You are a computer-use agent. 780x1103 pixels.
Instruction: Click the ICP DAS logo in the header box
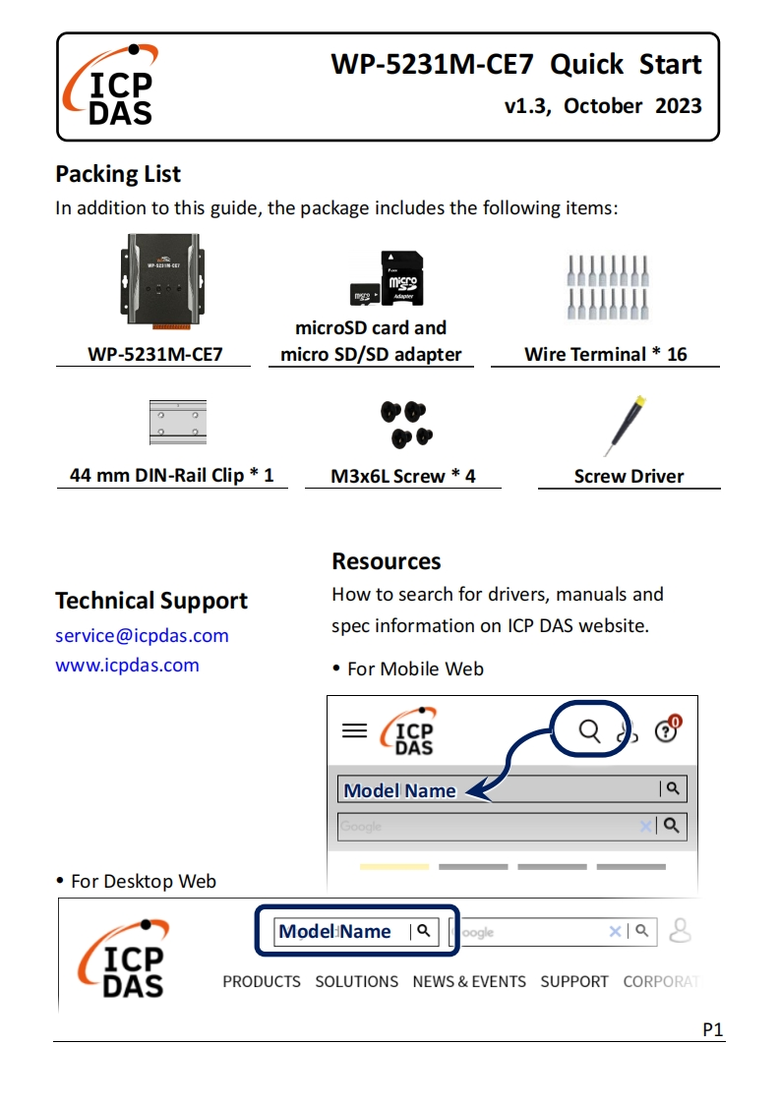[110, 87]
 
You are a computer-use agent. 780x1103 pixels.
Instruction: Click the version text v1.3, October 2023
[603, 106]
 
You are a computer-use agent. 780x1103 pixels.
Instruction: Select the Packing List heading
[118, 174]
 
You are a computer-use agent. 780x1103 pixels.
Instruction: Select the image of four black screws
[406, 424]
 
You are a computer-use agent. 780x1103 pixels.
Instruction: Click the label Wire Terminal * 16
[605, 354]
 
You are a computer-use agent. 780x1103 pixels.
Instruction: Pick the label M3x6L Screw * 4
[403, 476]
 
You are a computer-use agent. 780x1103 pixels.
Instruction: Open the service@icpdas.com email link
[142, 635]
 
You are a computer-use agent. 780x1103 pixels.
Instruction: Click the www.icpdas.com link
[127, 665]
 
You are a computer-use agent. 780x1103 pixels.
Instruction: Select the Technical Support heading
[151, 601]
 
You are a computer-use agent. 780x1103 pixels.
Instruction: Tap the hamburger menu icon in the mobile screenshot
[354, 730]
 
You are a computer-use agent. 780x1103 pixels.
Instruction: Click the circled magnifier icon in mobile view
[589, 729]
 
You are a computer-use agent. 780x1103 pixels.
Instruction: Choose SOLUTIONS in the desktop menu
[356, 981]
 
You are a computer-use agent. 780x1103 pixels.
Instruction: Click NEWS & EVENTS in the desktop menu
[469, 981]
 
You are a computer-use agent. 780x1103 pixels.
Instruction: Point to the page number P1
[713, 1029]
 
